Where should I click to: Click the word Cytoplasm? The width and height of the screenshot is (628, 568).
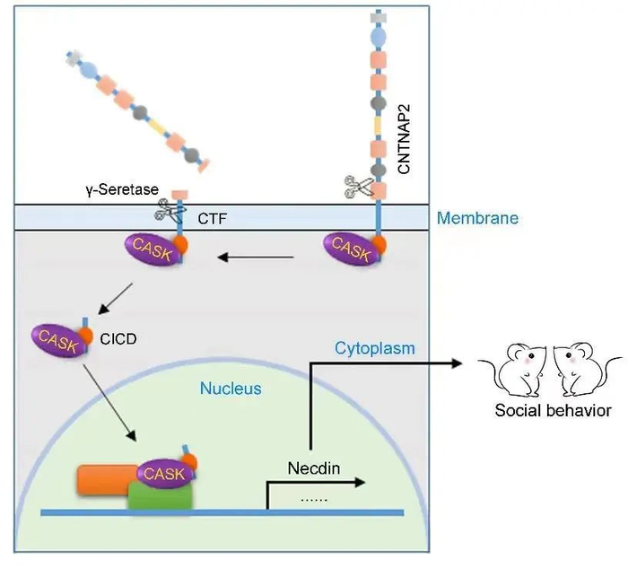374,347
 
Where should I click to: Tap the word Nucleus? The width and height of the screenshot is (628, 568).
231,389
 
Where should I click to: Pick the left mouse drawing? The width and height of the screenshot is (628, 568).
516,369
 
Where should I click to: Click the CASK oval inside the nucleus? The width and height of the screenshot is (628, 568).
163,472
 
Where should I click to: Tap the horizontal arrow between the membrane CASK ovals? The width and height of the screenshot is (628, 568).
256,258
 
